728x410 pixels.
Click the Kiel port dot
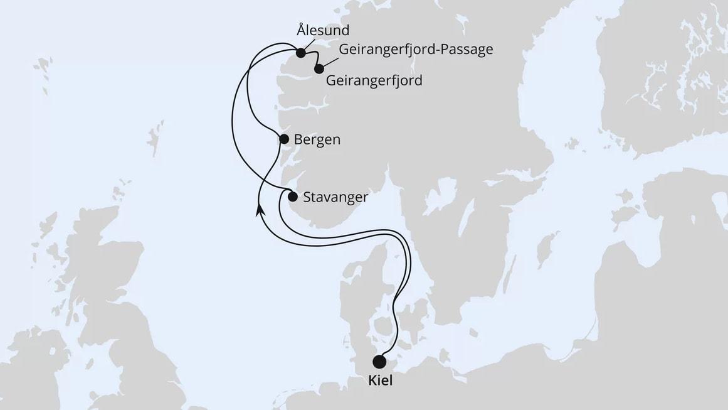point(379,362)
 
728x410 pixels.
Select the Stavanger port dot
point(292,197)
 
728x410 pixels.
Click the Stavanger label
point(335,197)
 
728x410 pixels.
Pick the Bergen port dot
point(284,139)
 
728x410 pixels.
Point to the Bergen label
point(317,139)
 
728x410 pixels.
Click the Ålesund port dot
point(301,53)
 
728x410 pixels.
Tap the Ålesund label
point(324,30)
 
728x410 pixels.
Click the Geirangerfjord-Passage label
point(416,50)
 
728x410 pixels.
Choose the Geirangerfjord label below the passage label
point(374,80)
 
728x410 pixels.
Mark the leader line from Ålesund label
point(309,45)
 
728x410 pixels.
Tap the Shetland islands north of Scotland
point(152,135)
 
